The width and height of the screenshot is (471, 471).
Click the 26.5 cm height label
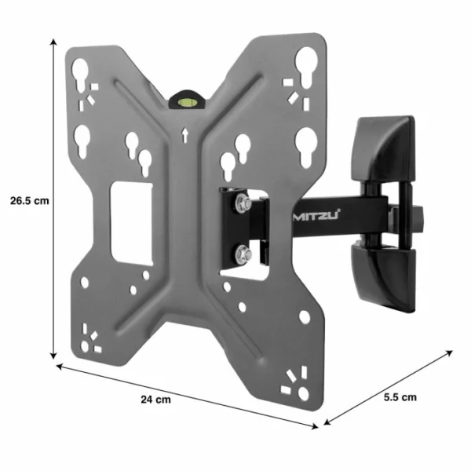click(30, 199)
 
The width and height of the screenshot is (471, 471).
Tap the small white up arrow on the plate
click(184, 134)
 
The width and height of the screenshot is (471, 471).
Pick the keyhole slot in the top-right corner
click(306, 61)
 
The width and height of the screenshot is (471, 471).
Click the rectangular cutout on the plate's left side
click(130, 222)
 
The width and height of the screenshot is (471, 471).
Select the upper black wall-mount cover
click(384, 149)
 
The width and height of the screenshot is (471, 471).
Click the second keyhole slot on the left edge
click(82, 141)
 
